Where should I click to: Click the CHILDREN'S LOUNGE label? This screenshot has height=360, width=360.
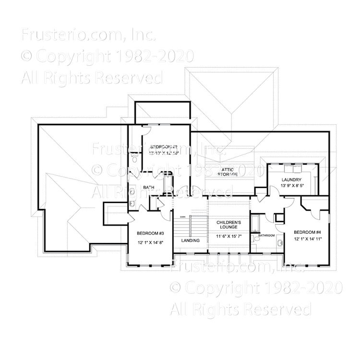[228, 226]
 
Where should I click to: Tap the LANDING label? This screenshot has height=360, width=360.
[190, 240]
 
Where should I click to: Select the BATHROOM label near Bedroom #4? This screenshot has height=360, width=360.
[266, 236]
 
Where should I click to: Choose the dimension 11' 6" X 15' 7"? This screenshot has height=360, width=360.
[228, 237]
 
